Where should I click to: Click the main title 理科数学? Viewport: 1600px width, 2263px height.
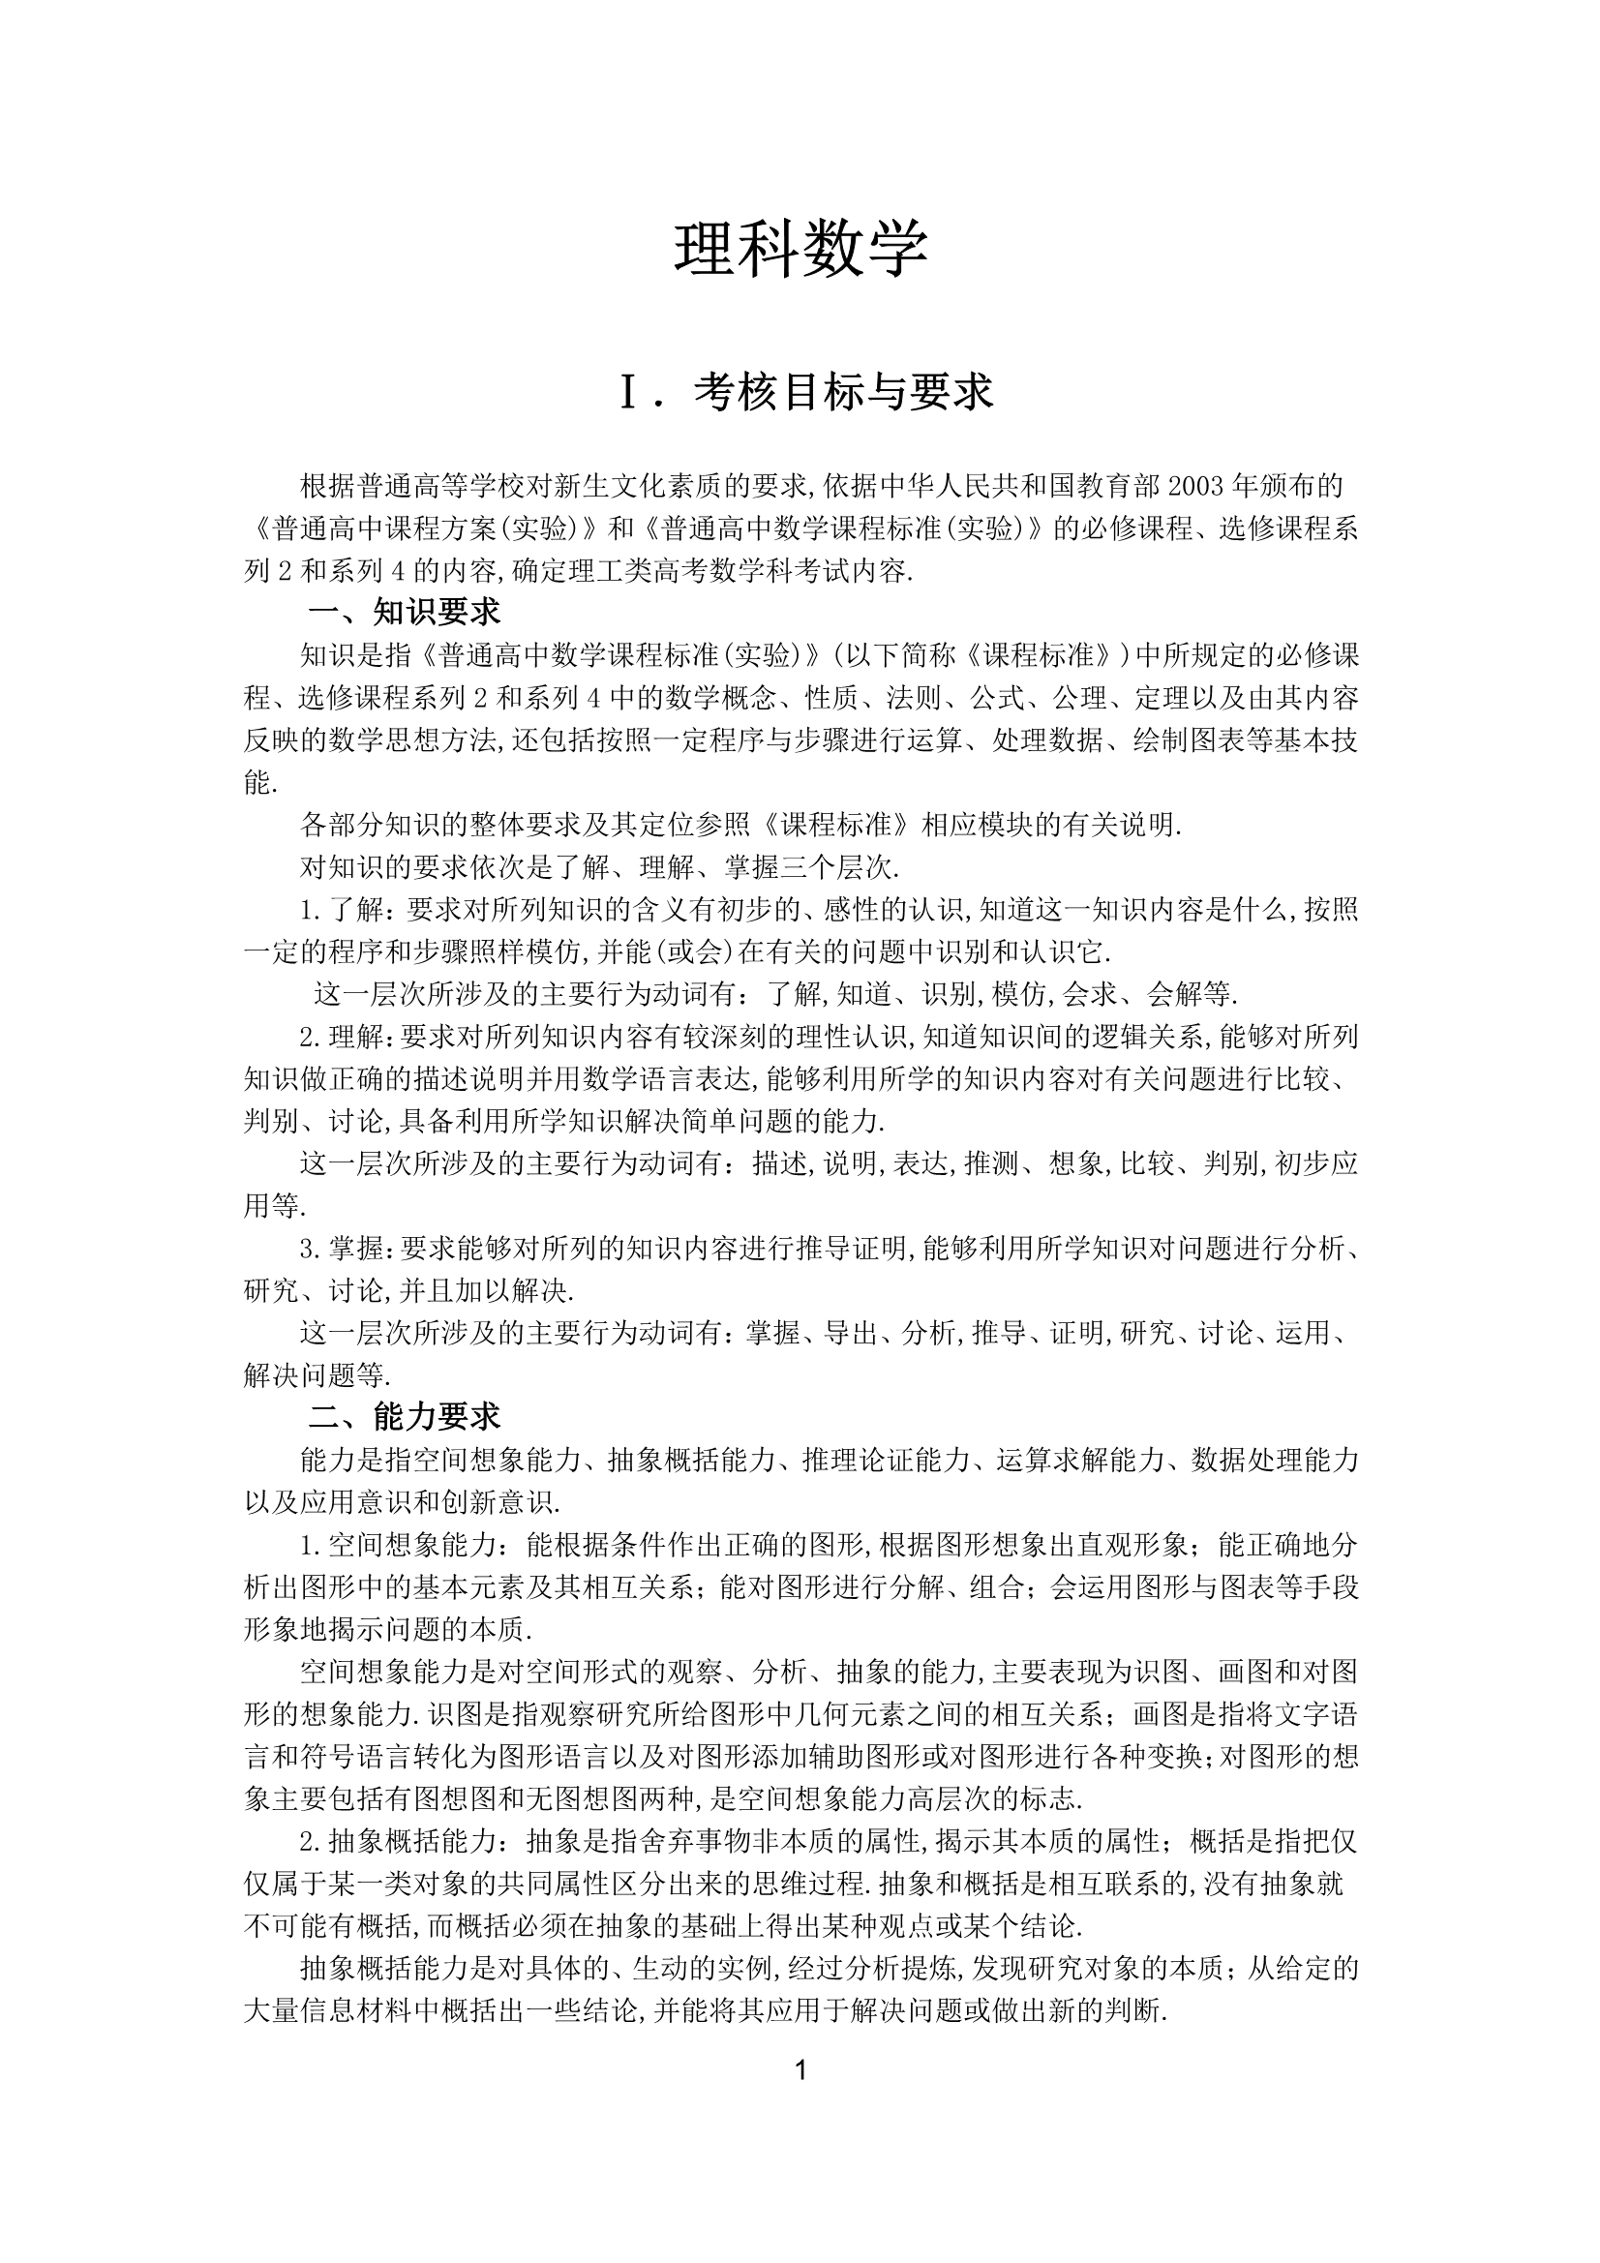click(x=800, y=249)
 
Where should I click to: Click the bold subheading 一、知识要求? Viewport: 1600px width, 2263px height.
click(x=405, y=612)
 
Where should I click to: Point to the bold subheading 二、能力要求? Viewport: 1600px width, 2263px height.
click(x=405, y=1417)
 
